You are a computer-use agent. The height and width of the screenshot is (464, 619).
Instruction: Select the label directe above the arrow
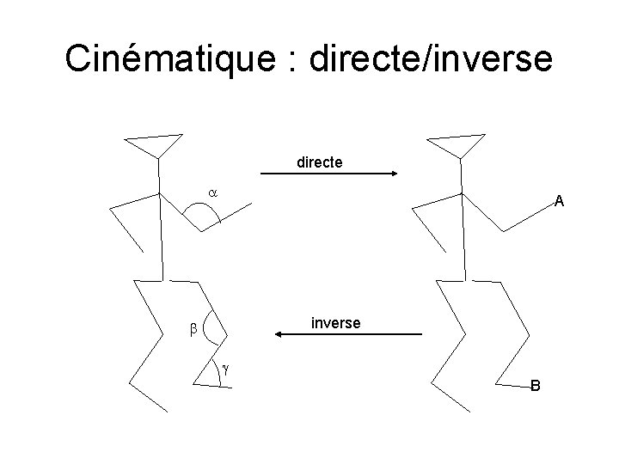click(319, 161)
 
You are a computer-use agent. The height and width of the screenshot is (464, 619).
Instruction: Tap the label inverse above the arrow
click(335, 322)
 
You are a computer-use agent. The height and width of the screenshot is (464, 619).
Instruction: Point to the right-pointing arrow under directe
click(328, 174)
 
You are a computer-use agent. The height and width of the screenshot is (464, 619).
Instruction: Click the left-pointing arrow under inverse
click(347, 334)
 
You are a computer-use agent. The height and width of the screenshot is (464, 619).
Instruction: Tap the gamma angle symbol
click(225, 369)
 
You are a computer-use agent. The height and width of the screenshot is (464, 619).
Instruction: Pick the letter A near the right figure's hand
click(559, 203)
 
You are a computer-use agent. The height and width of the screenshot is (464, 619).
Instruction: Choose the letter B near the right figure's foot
click(535, 386)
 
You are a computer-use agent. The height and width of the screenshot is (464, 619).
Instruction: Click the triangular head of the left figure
click(155, 144)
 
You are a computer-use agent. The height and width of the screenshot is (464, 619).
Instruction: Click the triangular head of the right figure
click(459, 144)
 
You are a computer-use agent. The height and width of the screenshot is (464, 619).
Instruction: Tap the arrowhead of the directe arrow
click(392, 174)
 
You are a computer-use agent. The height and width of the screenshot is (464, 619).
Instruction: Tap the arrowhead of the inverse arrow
click(277, 334)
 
